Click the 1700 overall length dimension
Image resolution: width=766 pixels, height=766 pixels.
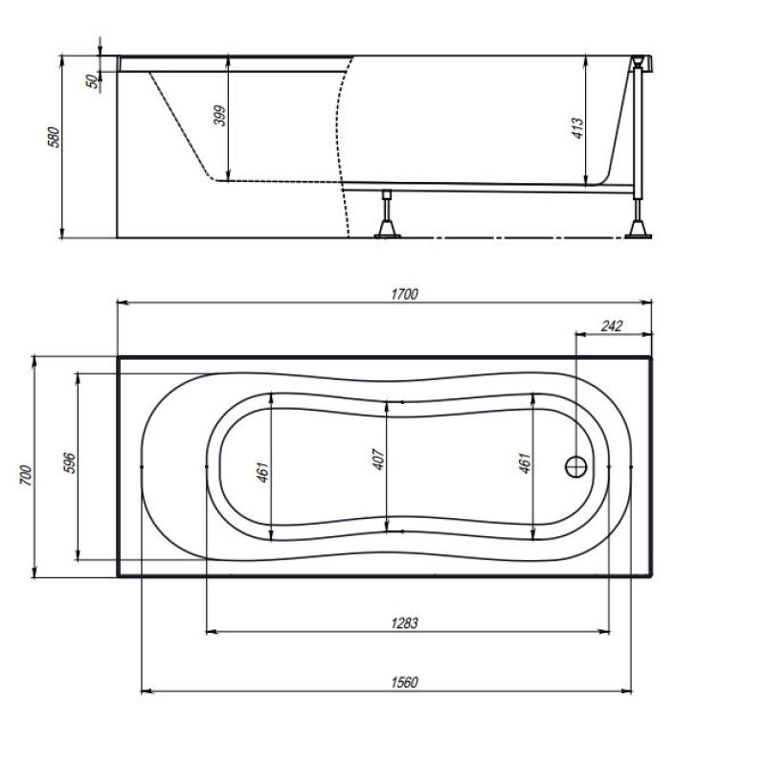(404, 294)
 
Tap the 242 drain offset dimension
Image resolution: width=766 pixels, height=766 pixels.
(612, 326)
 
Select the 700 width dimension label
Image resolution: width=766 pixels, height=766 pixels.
(26, 475)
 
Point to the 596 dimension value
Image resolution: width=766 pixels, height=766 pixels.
(70, 462)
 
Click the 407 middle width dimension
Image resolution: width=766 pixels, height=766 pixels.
(379, 460)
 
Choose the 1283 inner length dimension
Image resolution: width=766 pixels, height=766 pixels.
(404, 623)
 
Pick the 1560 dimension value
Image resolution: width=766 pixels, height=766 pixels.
(404, 682)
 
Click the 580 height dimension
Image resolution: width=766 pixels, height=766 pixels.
(54, 137)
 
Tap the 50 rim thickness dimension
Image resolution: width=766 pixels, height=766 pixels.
(92, 81)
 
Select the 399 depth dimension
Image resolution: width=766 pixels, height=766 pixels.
(220, 116)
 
